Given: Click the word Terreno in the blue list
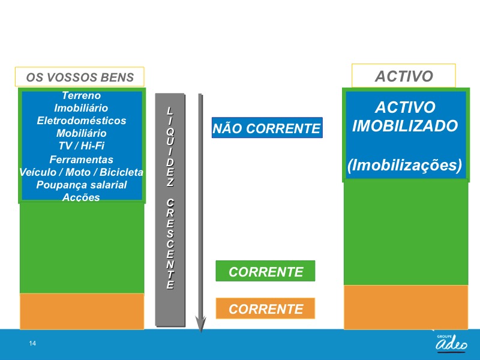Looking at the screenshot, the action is coord(82,95).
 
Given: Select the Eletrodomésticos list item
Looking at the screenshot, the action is coord(82,121).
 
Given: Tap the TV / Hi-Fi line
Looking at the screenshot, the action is coord(82,146).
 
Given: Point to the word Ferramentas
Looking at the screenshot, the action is coord(82,160).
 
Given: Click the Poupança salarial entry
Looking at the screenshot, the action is coord(82,185).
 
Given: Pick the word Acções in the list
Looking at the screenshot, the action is coord(82,197).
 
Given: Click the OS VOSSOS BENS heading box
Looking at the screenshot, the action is coord(80,77).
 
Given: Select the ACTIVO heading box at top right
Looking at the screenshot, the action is coord(404,76).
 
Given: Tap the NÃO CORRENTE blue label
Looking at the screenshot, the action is coord(267,128).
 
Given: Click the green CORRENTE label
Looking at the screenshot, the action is coord(265,271).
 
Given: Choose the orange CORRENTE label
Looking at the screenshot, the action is coord(265,308).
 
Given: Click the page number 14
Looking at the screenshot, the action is coord(32,343).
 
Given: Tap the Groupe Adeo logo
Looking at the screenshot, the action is coord(452,343).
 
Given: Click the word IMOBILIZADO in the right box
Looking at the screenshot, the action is coord(405,126).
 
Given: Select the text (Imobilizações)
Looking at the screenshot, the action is coord(404,166).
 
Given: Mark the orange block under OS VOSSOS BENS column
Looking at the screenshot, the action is coord(82,311).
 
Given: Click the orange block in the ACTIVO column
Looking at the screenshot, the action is coord(406,307).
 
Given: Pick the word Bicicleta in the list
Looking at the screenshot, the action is coord(121,172).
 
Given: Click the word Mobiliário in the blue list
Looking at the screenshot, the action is coord(82,133).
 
